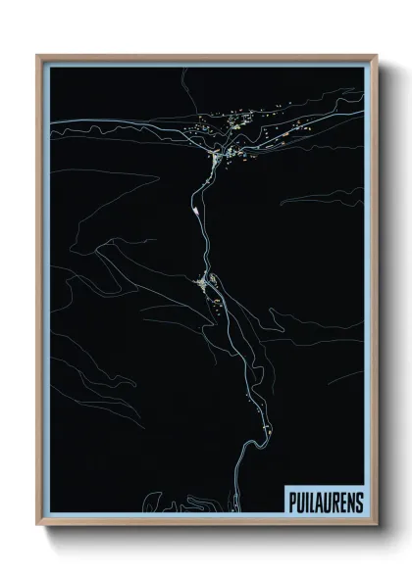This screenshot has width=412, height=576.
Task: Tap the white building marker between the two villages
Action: click(199, 209)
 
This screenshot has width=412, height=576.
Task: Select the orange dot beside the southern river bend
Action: click(265, 429)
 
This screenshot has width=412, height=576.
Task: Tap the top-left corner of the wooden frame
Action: click(38, 56)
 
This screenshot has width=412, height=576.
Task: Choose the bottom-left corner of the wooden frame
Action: click(38, 524)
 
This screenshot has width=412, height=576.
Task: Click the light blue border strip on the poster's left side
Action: click(46, 294)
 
